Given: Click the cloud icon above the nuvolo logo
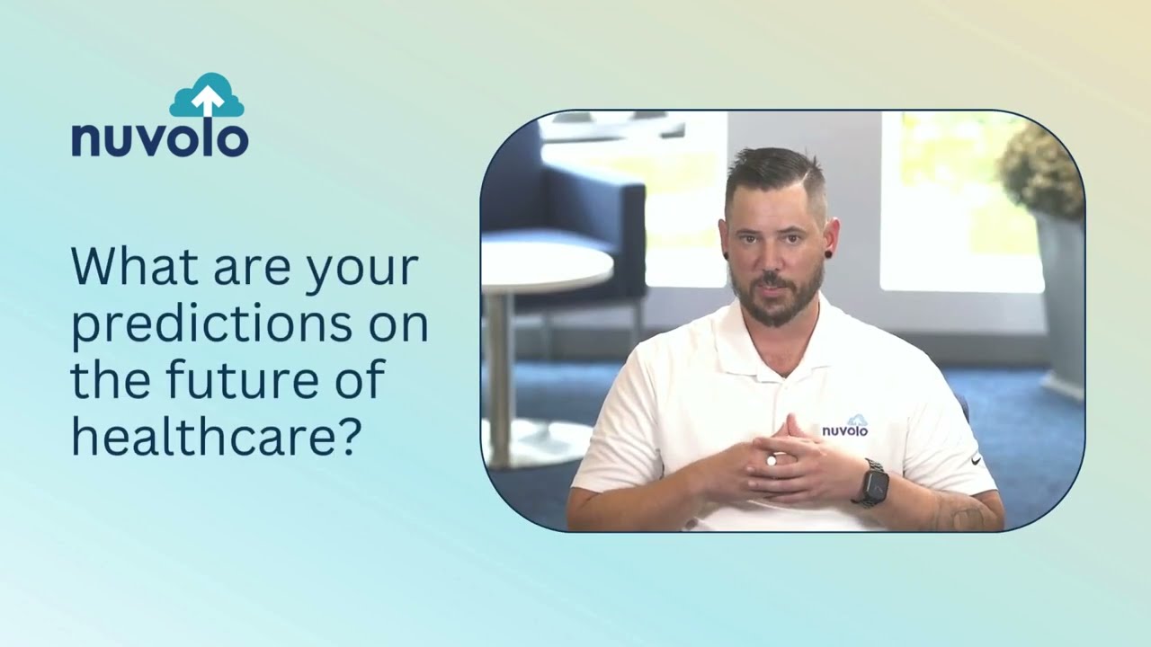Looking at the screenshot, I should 207,96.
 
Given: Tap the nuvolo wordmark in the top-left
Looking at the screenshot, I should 160,139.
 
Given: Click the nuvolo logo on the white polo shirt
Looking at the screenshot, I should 845,427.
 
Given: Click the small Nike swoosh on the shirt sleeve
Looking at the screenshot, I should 976,460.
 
